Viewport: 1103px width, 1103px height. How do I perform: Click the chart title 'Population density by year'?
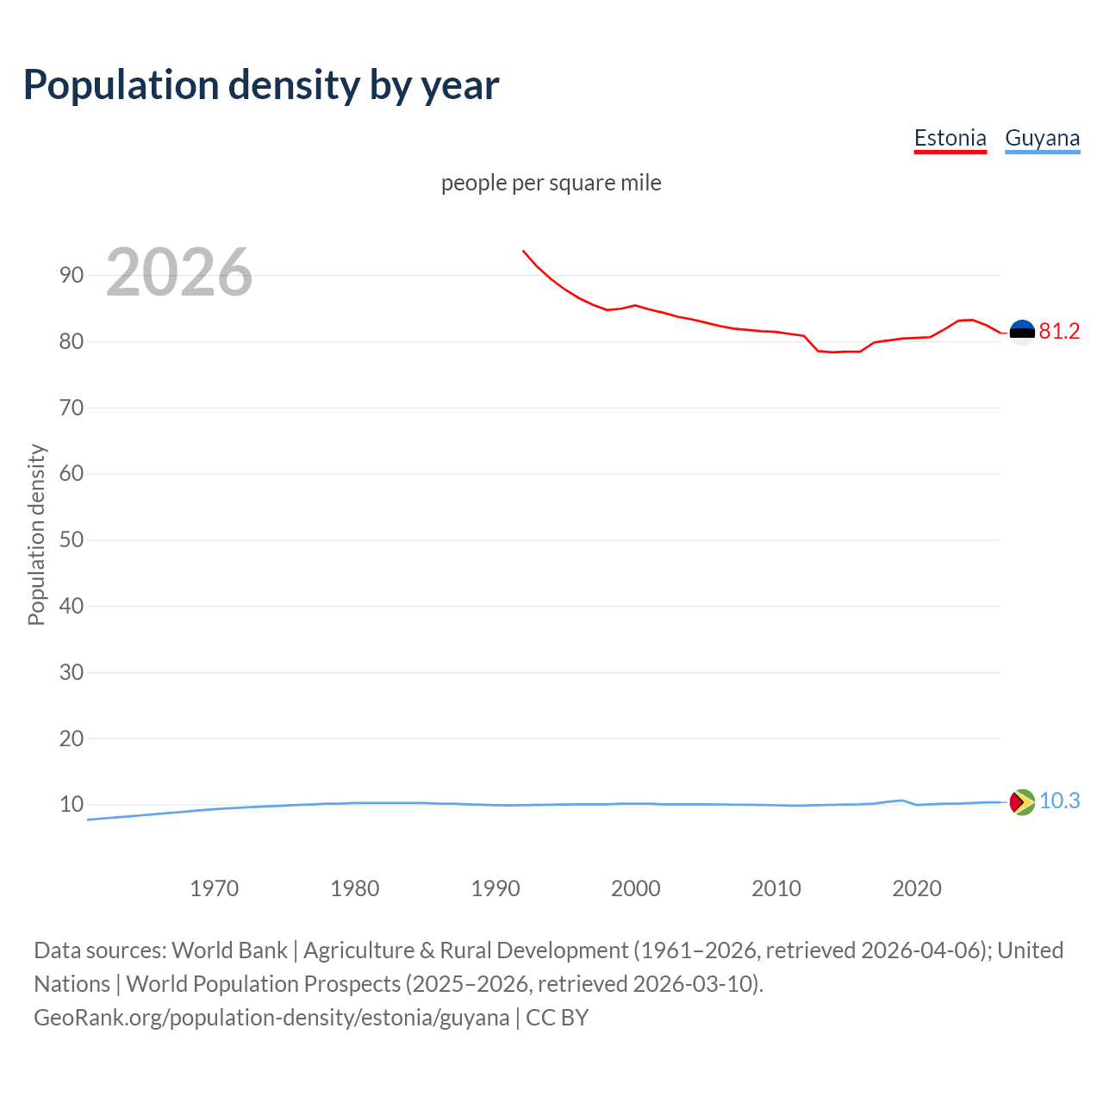[x=261, y=85]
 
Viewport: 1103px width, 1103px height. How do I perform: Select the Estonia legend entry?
[x=950, y=138]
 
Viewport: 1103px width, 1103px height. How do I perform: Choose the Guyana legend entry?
[x=1042, y=138]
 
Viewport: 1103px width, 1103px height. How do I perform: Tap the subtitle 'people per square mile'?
[x=551, y=183]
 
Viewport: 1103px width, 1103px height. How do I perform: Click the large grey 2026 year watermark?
[x=179, y=272]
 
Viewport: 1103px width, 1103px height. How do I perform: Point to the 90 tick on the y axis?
[x=72, y=276]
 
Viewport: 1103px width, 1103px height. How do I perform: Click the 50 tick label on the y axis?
[x=72, y=540]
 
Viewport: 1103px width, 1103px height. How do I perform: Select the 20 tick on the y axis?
[x=72, y=738]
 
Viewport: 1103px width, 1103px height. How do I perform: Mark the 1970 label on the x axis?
[x=214, y=888]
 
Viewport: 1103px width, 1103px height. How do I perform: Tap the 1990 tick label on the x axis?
[x=495, y=888]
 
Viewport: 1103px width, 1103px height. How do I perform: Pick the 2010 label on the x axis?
[x=776, y=888]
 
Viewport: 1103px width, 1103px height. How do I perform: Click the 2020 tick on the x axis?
[x=916, y=888]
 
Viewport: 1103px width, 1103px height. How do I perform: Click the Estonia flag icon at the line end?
[x=1022, y=333]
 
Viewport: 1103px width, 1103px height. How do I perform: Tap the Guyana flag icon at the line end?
[x=1022, y=802]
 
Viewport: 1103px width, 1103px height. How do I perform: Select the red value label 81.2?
[x=1059, y=332]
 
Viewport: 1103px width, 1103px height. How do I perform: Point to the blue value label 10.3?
[x=1059, y=801]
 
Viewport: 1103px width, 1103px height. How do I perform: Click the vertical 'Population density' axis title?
[x=36, y=534]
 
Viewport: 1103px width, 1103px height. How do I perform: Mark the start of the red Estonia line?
[x=523, y=251]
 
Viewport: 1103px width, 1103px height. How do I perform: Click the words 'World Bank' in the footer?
[x=229, y=950]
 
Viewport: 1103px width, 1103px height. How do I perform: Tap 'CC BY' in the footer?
[x=557, y=1018]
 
